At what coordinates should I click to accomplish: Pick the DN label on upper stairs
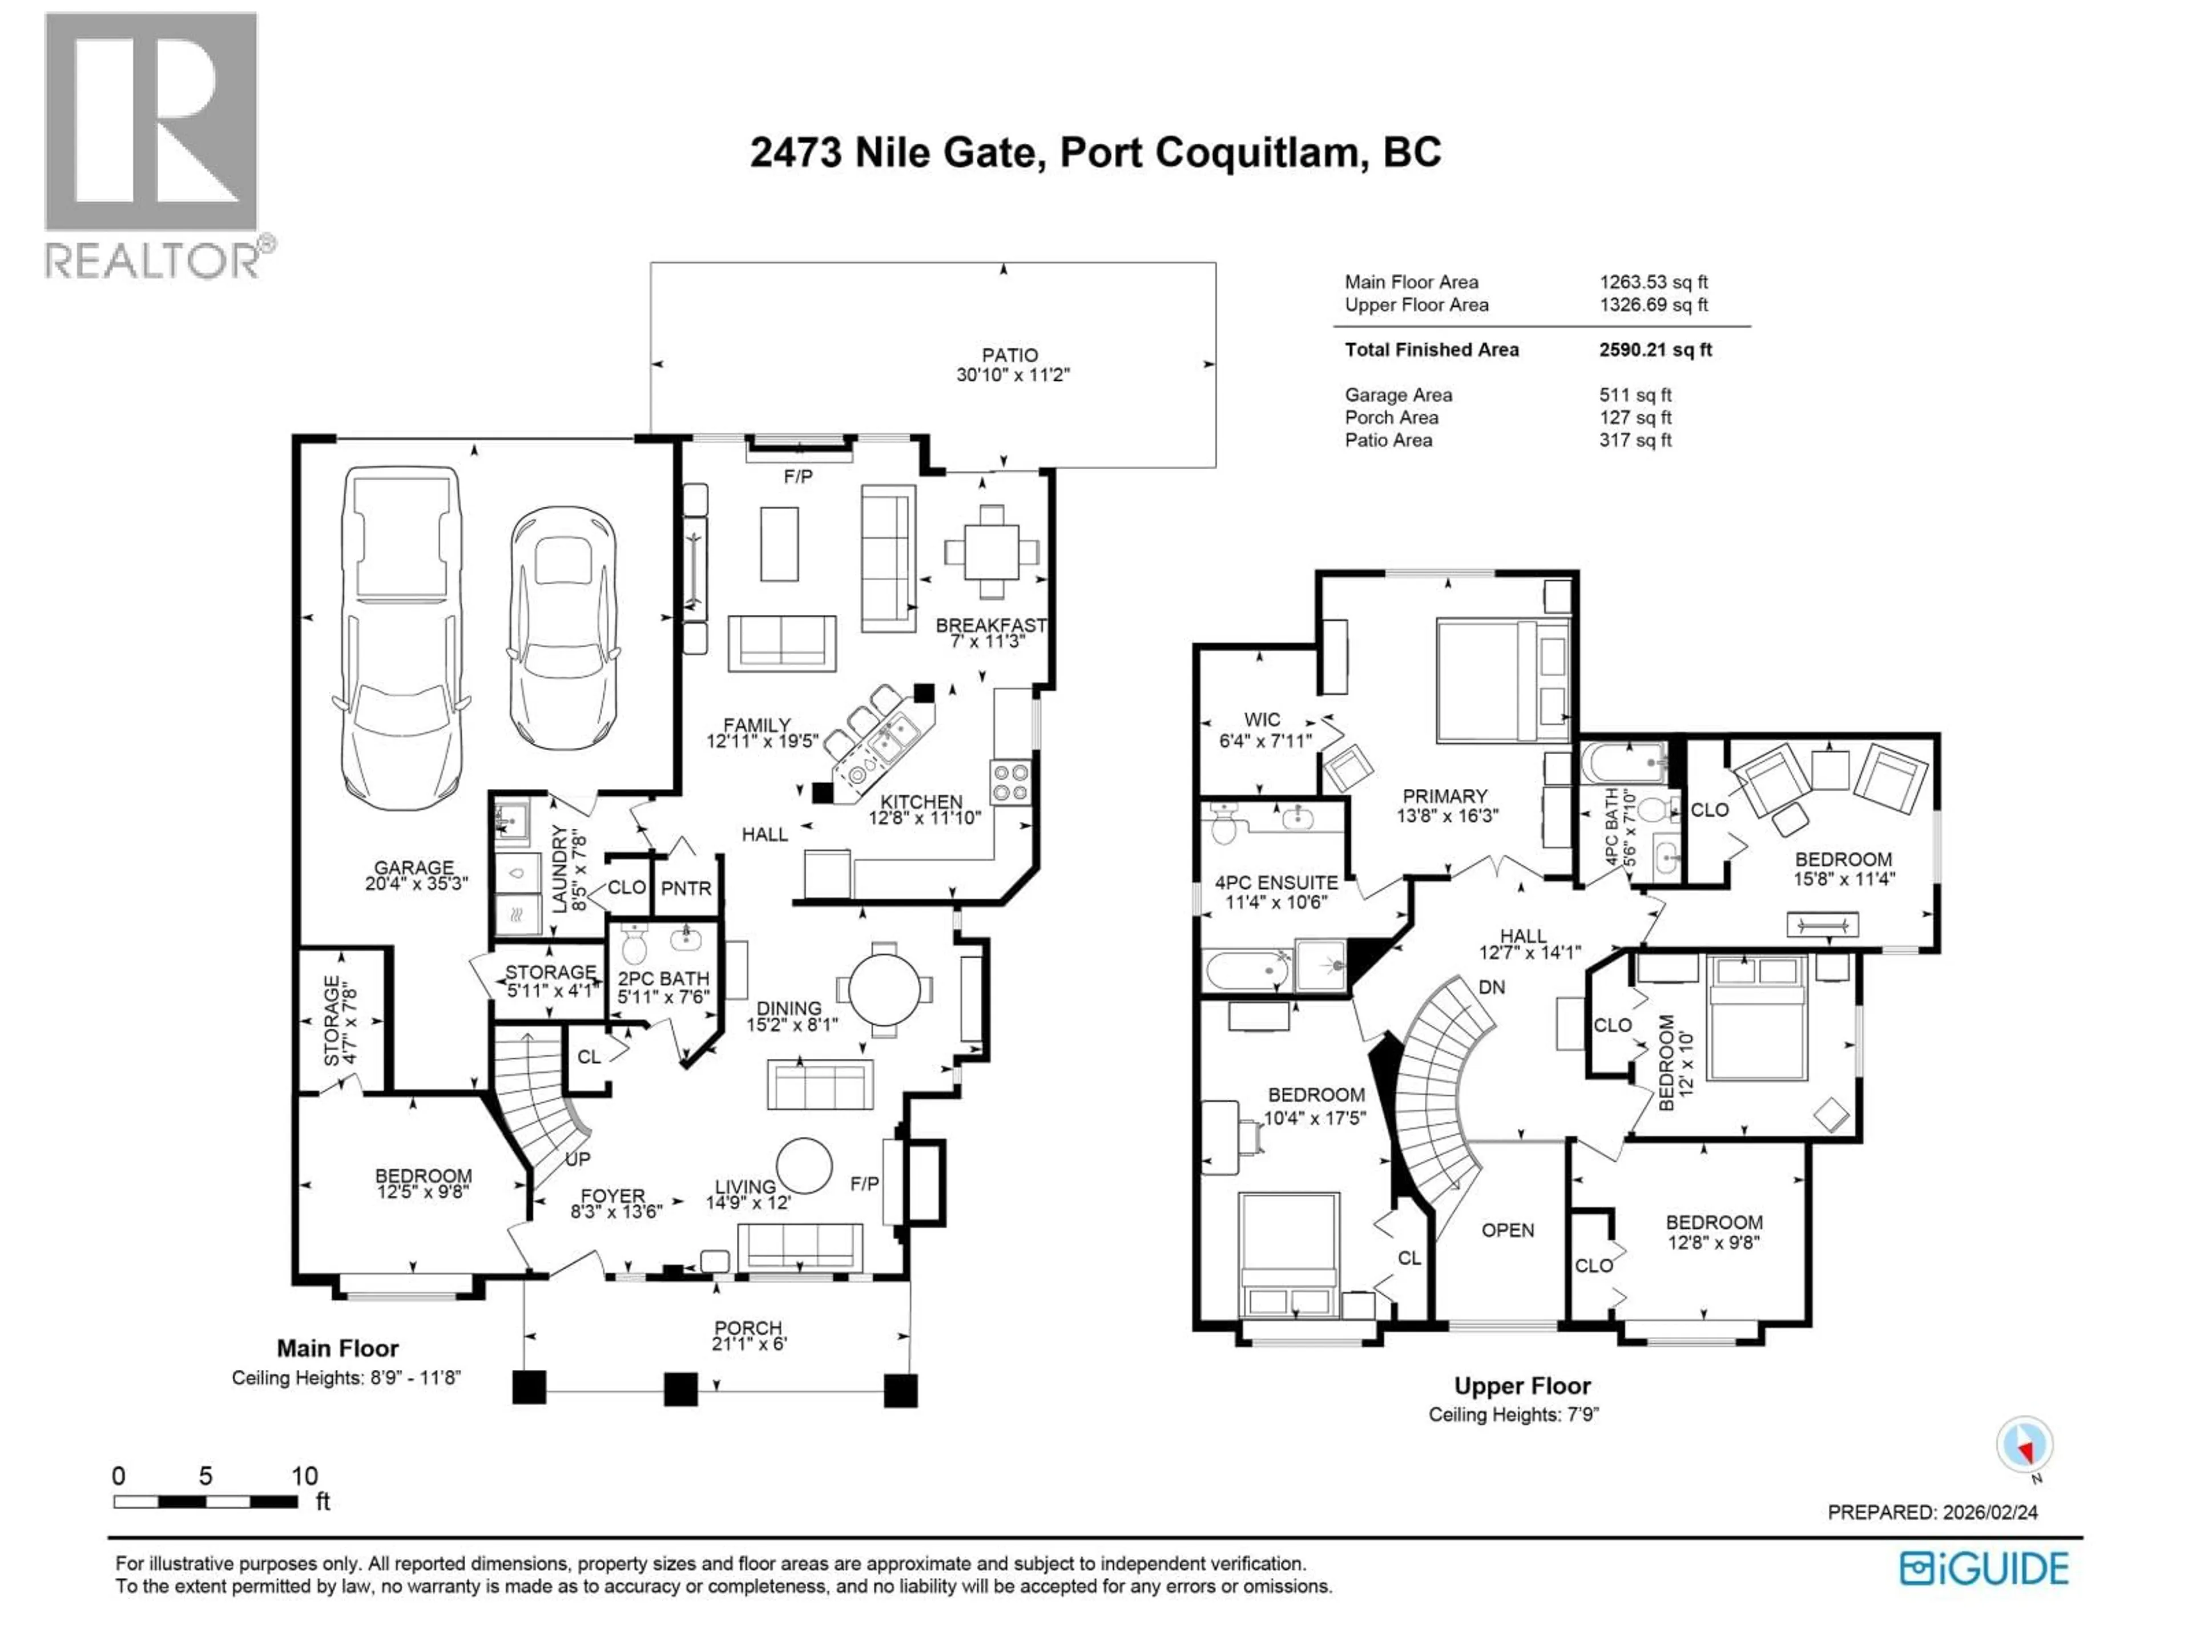click(1492, 987)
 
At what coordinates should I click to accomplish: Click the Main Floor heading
click(337, 1349)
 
